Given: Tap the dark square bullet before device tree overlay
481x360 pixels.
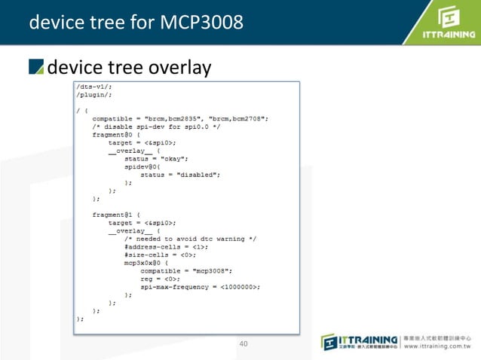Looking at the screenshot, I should tap(36, 68).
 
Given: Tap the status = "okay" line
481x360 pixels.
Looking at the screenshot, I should tap(156, 158).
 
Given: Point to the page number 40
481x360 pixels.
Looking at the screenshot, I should tap(243, 344).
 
